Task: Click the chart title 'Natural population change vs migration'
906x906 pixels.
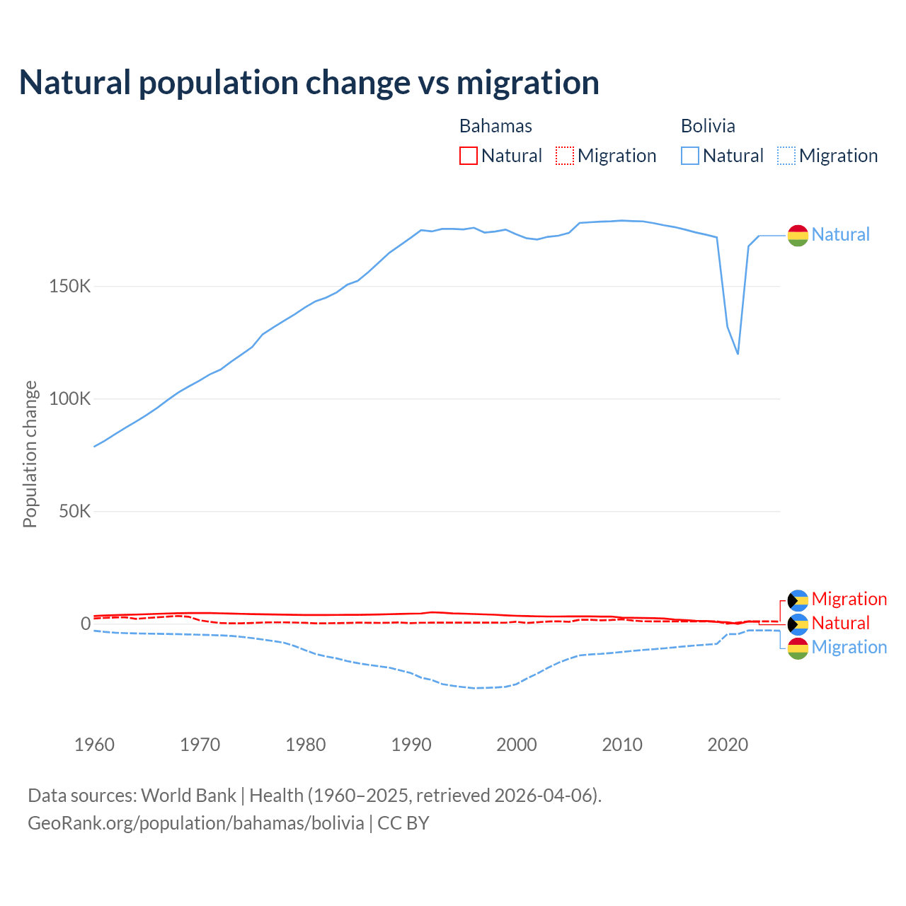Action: [309, 83]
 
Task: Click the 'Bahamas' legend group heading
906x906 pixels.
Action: [495, 126]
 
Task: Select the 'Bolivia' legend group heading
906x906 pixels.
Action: [708, 126]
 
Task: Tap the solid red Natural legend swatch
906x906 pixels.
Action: [469, 156]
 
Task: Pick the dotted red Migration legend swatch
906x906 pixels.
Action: [565, 156]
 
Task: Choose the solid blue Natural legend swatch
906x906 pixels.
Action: [690, 156]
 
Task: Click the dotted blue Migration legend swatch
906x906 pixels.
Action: [786, 156]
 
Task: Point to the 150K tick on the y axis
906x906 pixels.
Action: [70, 287]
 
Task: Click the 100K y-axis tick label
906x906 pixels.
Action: [70, 399]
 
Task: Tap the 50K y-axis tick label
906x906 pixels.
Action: [74, 511]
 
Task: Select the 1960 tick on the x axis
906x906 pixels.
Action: [94, 745]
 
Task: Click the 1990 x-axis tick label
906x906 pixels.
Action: [411, 745]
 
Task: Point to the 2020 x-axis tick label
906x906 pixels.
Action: [728, 745]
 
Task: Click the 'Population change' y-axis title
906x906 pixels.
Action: [30, 454]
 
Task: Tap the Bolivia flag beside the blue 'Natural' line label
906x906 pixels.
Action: [798, 235]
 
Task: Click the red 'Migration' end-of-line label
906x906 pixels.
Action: [849, 599]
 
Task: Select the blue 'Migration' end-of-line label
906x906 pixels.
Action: [849, 647]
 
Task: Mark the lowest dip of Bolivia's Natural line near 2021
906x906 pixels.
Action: [738, 353]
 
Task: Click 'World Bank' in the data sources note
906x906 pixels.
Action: [188, 796]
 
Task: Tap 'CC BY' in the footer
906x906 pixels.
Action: [403, 823]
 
